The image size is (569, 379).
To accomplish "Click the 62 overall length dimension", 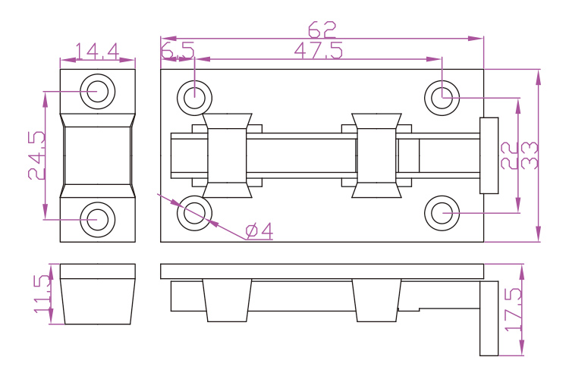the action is pyautogui.click(x=322, y=30).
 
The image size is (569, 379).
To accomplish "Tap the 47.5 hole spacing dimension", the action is pyautogui.click(x=318, y=51).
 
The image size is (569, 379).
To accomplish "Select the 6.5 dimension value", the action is pyautogui.click(x=178, y=51).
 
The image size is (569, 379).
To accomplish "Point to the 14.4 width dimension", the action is pyautogui.click(x=97, y=52).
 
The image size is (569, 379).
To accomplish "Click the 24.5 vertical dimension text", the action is pyautogui.click(x=37, y=155).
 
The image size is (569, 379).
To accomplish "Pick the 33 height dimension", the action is pyautogui.click(x=530, y=155).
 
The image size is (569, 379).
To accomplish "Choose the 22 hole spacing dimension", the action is pyautogui.click(x=509, y=155).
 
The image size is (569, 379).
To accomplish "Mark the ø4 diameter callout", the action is pyautogui.click(x=259, y=231).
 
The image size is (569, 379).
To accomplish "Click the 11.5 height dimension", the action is pyautogui.click(x=42, y=294).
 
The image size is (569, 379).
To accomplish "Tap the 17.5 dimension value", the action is pyautogui.click(x=514, y=309).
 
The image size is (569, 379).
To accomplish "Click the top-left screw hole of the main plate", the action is pyautogui.click(x=194, y=98).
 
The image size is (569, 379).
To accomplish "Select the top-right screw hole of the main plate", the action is pyautogui.click(x=442, y=98).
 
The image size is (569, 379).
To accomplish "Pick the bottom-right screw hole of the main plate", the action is pyautogui.click(x=442, y=213).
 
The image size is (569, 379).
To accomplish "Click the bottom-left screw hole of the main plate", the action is pyautogui.click(x=194, y=213).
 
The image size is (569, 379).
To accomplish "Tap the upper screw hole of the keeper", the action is pyautogui.click(x=98, y=92).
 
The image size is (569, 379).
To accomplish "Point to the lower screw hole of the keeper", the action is pyautogui.click(x=98, y=220).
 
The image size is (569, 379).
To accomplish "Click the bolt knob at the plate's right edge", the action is pyautogui.click(x=489, y=155).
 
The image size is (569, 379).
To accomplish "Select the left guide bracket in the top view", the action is pyautogui.click(x=227, y=155).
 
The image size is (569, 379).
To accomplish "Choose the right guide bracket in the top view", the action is pyautogui.click(x=376, y=155).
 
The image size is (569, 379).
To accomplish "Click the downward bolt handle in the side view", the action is pyautogui.click(x=489, y=318).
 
